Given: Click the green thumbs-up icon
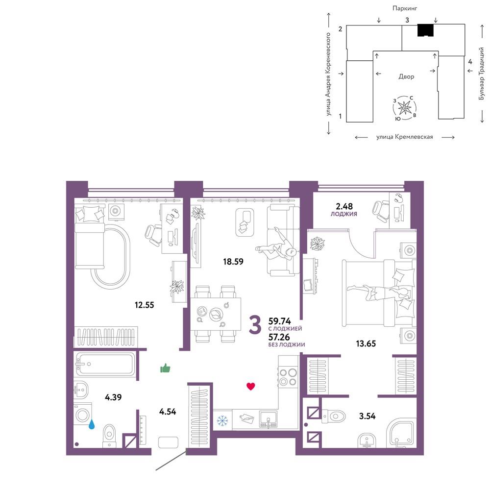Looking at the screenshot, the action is [165, 368].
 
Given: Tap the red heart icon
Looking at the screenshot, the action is [250, 387].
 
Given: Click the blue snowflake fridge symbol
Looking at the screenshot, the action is [222, 420].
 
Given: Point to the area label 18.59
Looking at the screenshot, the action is [233, 261].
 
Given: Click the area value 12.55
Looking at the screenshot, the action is [145, 305].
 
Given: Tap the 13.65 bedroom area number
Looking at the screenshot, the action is [366, 344].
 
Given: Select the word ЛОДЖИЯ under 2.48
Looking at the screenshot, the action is [344, 214].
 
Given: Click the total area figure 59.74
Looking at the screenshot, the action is [280, 321].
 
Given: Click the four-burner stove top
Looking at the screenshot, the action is [288, 377].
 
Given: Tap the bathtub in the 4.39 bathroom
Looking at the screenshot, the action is [105, 364].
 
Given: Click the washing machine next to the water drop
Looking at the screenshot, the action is [83, 415].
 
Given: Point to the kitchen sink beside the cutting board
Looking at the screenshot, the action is [268, 419].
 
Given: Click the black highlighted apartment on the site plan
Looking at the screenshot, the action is [426, 30].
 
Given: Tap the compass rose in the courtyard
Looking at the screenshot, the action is [405, 108].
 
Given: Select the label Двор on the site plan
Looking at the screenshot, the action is [406, 76].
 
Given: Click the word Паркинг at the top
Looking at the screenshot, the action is [405, 8].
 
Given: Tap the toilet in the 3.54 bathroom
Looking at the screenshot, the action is [333, 416].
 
